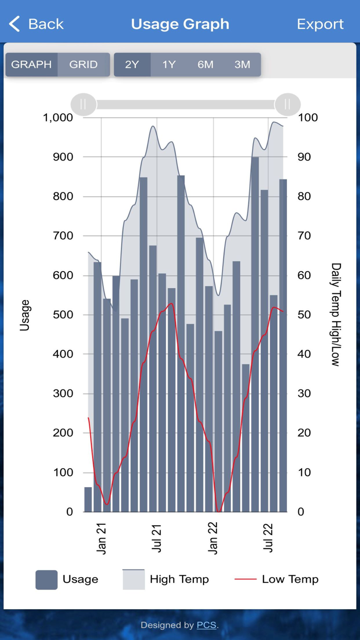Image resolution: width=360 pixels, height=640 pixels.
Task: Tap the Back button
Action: point(36,24)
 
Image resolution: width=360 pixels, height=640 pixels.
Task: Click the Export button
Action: point(320,24)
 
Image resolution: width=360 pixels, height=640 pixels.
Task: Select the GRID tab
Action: point(83,65)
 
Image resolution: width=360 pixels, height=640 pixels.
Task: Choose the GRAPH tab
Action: point(31,65)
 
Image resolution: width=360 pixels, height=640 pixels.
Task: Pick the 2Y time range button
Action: point(132,65)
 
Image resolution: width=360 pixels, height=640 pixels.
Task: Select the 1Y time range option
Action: point(169,65)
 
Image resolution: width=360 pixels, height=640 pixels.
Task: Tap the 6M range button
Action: point(205,65)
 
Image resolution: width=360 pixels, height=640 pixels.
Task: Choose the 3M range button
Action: point(242,65)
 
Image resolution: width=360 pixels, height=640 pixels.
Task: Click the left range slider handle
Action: point(83,104)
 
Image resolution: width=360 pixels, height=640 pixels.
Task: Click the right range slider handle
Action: point(287,104)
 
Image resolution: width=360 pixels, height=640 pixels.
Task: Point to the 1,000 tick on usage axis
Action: point(58,117)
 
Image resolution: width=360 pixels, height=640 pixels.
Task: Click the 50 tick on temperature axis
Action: point(308,315)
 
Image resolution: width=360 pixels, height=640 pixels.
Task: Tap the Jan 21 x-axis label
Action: point(101,539)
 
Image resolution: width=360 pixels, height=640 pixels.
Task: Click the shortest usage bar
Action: point(88,499)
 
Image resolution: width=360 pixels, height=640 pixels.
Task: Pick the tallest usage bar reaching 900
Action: point(255,334)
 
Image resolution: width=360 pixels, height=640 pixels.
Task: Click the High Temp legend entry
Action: point(166,579)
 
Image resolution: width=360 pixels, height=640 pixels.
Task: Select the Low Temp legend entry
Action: point(276,579)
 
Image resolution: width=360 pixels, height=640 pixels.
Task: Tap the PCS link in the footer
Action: point(207,626)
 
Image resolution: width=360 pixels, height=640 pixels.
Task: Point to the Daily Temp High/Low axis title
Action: point(335,314)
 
